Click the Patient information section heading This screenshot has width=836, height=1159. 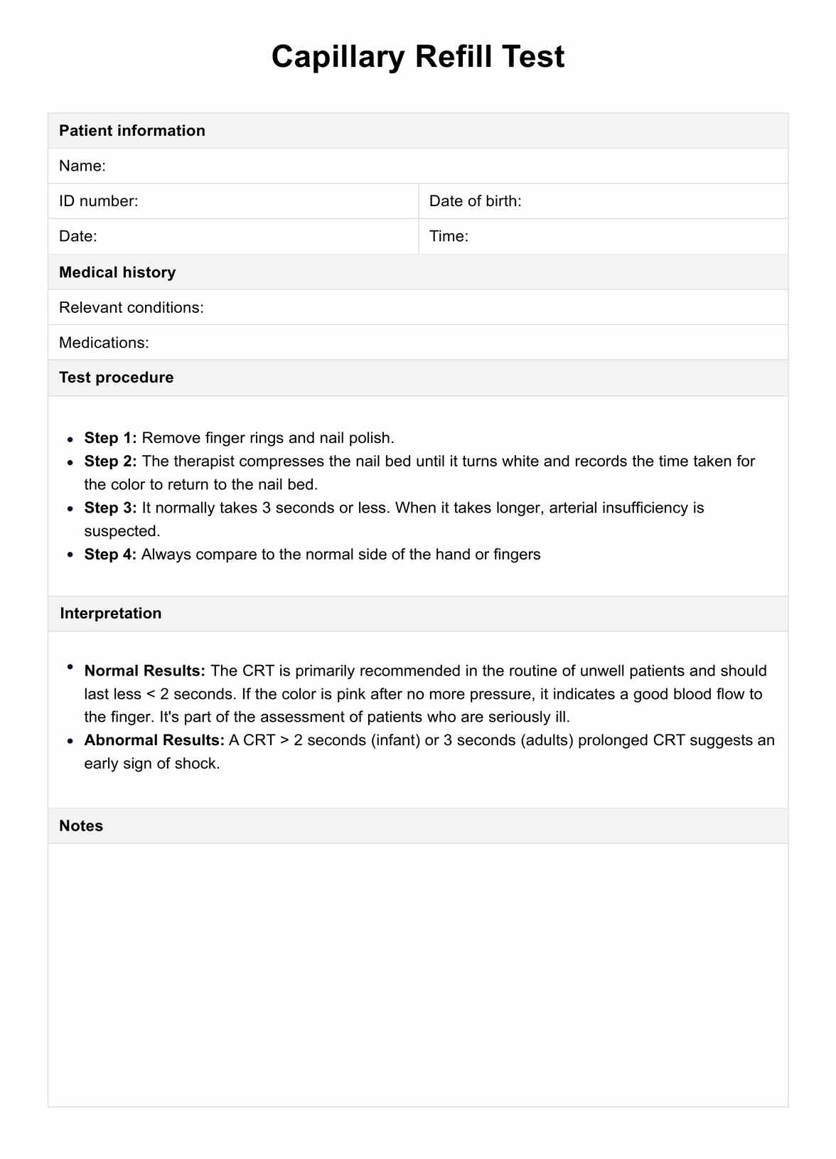(132, 131)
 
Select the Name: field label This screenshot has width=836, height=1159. (82, 166)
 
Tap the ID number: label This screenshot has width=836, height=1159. (98, 201)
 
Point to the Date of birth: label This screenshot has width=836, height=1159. (475, 201)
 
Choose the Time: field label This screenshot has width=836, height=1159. (449, 237)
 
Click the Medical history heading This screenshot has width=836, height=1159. (117, 272)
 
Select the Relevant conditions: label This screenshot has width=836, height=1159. (132, 308)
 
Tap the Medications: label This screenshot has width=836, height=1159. (104, 343)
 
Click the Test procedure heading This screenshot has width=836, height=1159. (116, 378)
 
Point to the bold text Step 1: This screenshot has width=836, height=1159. (110, 438)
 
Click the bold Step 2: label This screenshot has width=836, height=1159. (110, 461)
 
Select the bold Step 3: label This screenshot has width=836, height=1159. (110, 508)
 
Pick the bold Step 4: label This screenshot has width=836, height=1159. (110, 555)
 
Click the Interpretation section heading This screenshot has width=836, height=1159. (110, 614)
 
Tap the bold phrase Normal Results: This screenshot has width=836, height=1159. (144, 671)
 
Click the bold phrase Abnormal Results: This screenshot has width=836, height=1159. (154, 740)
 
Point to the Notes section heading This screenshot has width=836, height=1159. (81, 826)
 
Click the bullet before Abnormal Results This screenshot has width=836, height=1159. (70, 741)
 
